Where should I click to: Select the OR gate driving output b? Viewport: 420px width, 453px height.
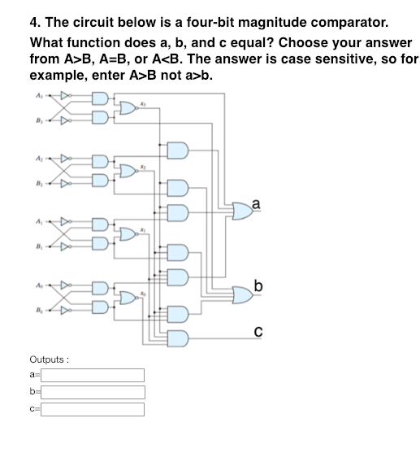pos(241,290)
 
